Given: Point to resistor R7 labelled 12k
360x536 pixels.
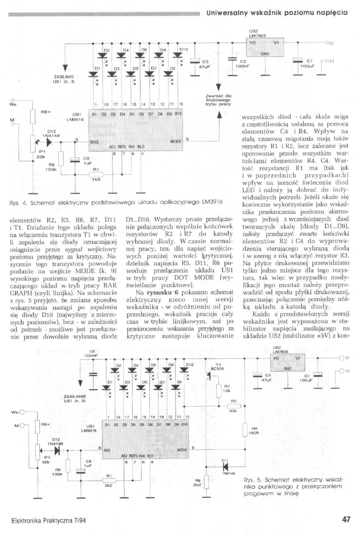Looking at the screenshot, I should (x=219, y=390).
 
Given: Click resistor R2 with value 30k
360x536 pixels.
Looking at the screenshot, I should (x=234, y=406).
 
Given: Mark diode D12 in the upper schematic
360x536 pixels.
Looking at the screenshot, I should (x=49, y=142).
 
